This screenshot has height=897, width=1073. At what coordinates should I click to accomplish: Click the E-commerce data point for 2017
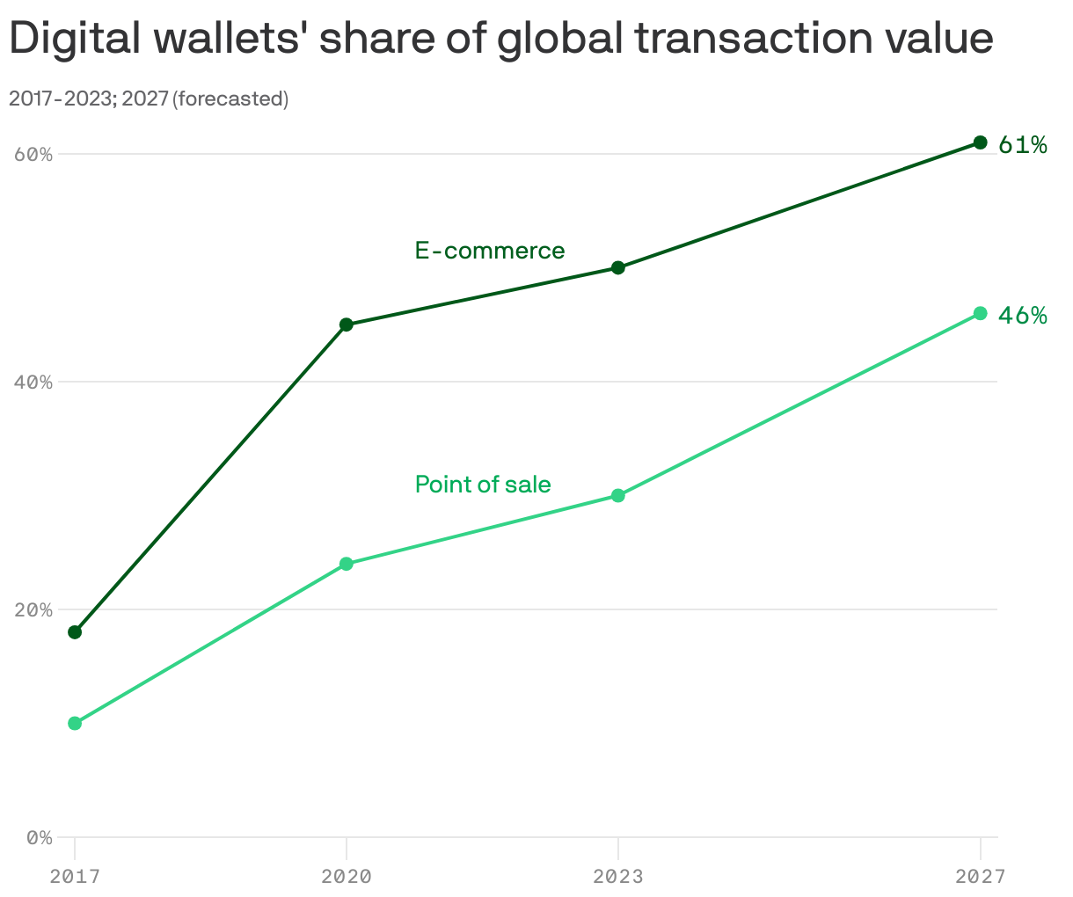point(75,632)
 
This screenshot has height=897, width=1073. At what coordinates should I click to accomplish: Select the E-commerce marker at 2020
point(347,325)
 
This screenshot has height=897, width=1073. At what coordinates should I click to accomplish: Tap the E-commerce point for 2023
point(618,267)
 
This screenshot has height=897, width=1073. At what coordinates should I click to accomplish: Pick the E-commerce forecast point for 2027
point(981,142)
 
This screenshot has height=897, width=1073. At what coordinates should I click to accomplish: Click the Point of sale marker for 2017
point(75,724)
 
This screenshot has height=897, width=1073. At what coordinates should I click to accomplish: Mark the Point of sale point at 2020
point(347,564)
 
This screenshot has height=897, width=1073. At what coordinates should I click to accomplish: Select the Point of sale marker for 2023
point(618,496)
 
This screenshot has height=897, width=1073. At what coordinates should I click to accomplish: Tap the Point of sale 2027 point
point(981,313)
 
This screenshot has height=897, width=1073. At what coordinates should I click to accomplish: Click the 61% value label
point(1023,145)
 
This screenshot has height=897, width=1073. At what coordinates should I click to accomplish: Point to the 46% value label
point(1023,316)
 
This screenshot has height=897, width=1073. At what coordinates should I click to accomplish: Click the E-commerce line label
point(490,251)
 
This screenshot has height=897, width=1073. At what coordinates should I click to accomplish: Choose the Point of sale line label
point(483,485)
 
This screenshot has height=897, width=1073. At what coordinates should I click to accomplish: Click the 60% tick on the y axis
point(33,155)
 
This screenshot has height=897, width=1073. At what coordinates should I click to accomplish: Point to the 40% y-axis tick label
point(33,383)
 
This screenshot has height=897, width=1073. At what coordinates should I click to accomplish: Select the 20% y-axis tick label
point(33,610)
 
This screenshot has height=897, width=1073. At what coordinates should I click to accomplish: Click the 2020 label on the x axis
point(347,877)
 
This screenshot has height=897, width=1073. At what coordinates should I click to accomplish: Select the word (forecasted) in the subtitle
point(230,98)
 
